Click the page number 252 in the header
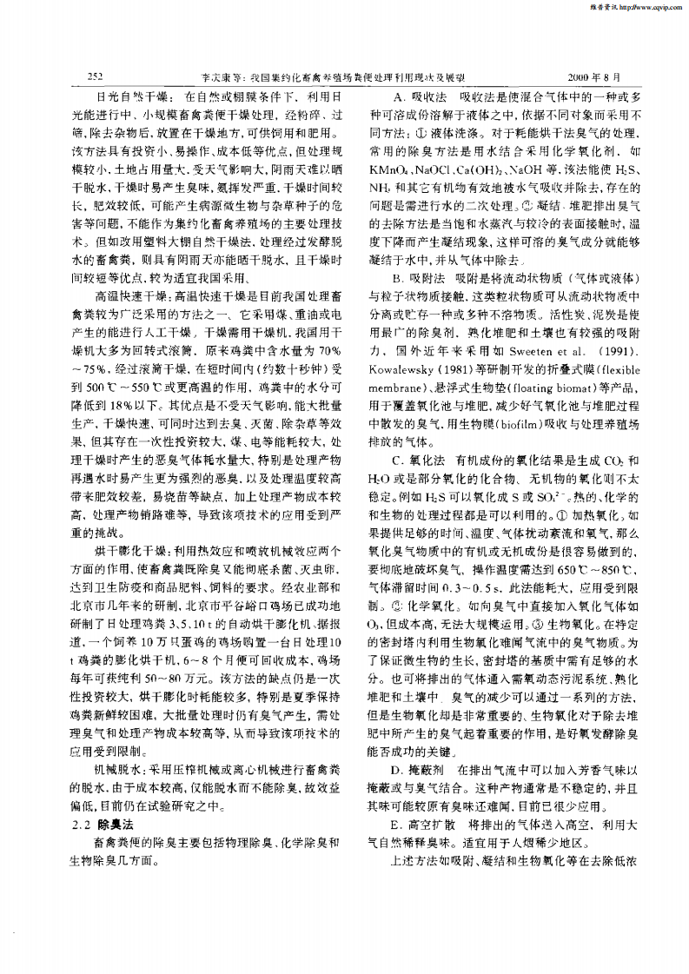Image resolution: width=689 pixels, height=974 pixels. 96,76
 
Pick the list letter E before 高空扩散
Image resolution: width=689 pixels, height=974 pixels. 397,822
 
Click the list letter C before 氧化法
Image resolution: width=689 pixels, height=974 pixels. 397,460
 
